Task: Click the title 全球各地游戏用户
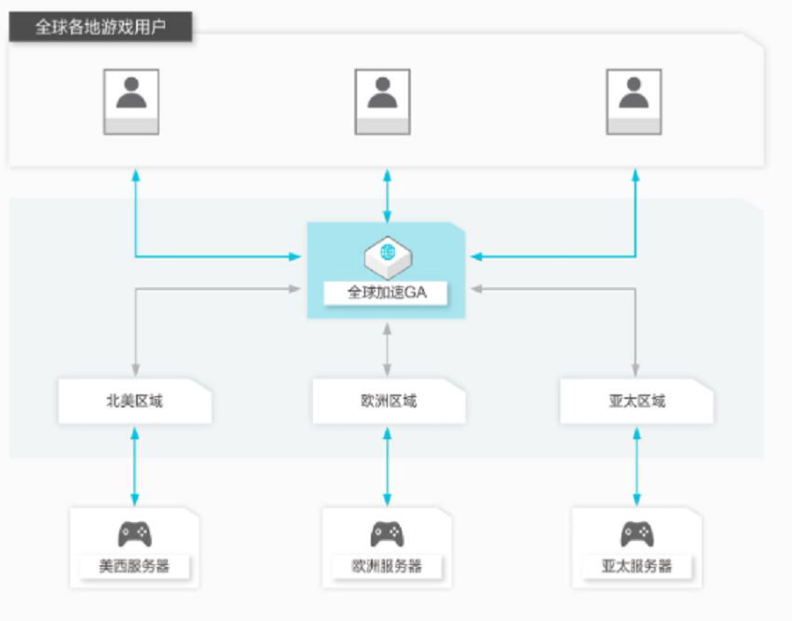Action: pyautogui.click(x=101, y=27)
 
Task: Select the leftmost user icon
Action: pyautogui.click(x=131, y=102)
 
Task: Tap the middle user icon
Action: pyautogui.click(x=382, y=102)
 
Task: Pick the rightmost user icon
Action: pyautogui.click(x=634, y=102)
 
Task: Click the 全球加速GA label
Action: pyautogui.click(x=387, y=292)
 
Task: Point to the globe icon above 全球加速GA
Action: pyautogui.click(x=388, y=257)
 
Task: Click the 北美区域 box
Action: pyautogui.click(x=135, y=401)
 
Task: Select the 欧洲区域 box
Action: pyautogui.click(x=389, y=401)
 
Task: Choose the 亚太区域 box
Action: pyautogui.click(x=636, y=401)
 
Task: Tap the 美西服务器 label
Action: pyautogui.click(x=134, y=566)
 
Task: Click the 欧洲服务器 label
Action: pyautogui.click(x=387, y=566)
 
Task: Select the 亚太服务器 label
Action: pyautogui.click(x=637, y=566)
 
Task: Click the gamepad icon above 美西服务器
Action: pyautogui.click(x=135, y=534)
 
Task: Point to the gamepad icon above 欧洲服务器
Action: pyautogui.click(x=388, y=534)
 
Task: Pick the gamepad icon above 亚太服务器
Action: pyautogui.click(x=637, y=534)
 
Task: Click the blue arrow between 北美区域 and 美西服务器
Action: pyautogui.click(x=135, y=466)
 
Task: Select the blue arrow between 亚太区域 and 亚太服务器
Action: pyautogui.click(x=637, y=466)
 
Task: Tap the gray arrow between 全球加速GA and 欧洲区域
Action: pyautogui.click(x=388, y=350)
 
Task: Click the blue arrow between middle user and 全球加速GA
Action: pyautogui.click(x=388, y=196)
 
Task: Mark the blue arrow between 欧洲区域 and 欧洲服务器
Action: pyautogui.click(x=388, y=466)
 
